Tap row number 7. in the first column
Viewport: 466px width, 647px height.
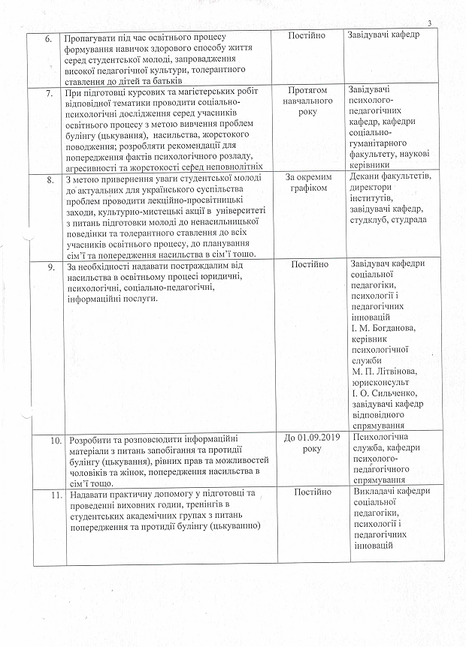tap(50, 92)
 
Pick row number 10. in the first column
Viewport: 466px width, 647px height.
tap(52, 439)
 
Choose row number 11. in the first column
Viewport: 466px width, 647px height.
tap(52, 493)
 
